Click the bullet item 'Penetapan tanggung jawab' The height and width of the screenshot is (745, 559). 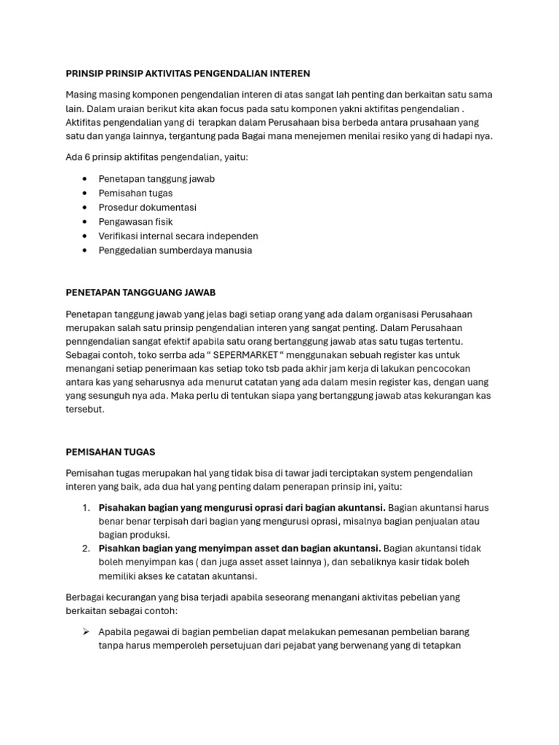pos(156,178)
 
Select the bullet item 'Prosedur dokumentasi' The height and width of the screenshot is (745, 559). pos(147,207)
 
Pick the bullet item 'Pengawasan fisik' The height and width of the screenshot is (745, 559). pos(135,221)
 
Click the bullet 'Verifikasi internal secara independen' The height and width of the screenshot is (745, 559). pos(178,236)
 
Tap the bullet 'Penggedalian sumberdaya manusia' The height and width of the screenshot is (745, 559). pos(175,250)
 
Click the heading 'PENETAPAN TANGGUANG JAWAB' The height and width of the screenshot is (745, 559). pos(140,292)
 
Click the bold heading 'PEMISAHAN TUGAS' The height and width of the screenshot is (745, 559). pos(110,452)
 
